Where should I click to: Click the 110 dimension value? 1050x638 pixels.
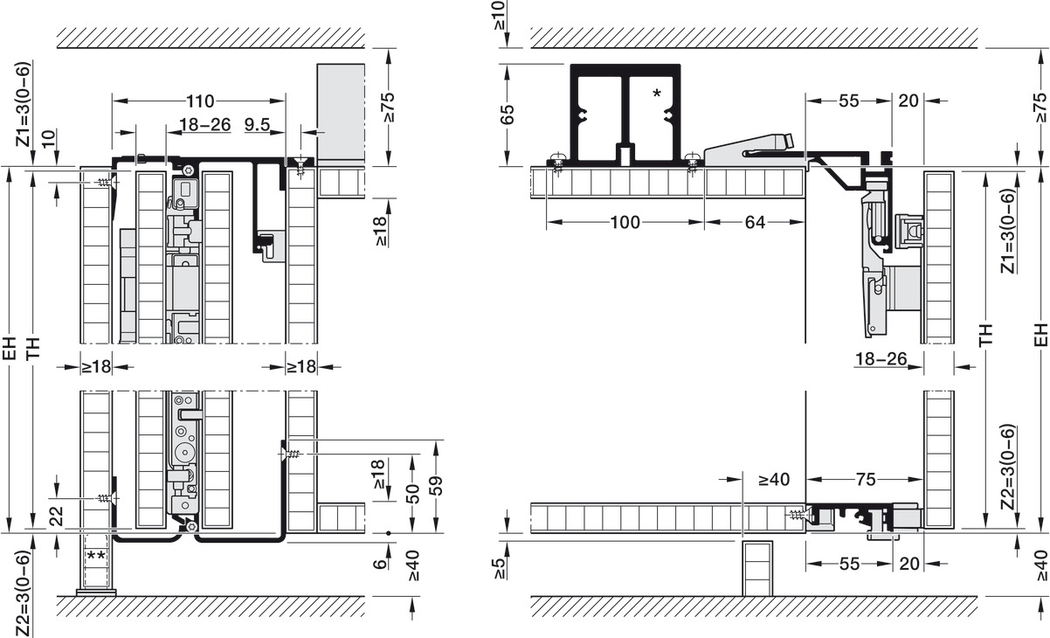[200, 101]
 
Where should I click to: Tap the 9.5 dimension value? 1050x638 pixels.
[258, 125]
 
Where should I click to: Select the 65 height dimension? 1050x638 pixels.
[507, 114]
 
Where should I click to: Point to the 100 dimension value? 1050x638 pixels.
[625, 222]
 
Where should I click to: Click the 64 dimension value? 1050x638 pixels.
[755, 222]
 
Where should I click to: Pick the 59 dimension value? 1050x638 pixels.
[436, 486]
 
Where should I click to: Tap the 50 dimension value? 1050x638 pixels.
[412, 494]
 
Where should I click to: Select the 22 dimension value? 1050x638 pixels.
[56, 517]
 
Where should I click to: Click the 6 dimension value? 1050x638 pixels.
[381, 563]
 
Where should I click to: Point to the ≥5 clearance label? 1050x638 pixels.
[500, 567]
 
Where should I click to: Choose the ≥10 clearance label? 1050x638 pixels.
[500, 15]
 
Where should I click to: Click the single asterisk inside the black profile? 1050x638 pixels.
[657, 94]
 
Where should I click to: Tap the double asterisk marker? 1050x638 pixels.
[95, 557]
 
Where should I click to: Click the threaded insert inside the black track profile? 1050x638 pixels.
[625, 153]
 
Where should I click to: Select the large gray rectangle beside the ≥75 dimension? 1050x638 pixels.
[341, 114]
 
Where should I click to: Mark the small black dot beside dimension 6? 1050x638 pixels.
[389, 533]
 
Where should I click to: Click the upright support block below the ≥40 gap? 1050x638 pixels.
[757, 568]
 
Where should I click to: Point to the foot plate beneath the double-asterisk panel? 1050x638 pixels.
[96, 593]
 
